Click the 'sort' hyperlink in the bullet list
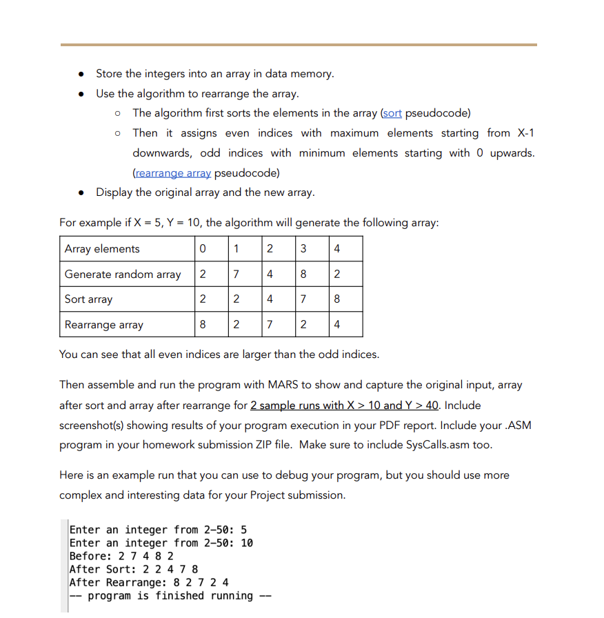[x=392, y=112]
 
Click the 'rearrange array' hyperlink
[x=172, y=172]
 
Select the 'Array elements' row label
[x=102, y=249]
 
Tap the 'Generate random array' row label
[x=123, y=275]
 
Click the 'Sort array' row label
[x=88, y=299]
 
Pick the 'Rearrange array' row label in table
[x=104, y=325]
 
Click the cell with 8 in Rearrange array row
[x=202, y=325]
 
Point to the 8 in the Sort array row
[x=336, y=299]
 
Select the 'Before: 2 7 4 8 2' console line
[x=121, y=556]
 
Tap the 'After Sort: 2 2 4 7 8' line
[x=134, y=569]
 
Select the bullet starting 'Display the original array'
[x=205, y=192]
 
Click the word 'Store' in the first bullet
[x=109, y=73]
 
